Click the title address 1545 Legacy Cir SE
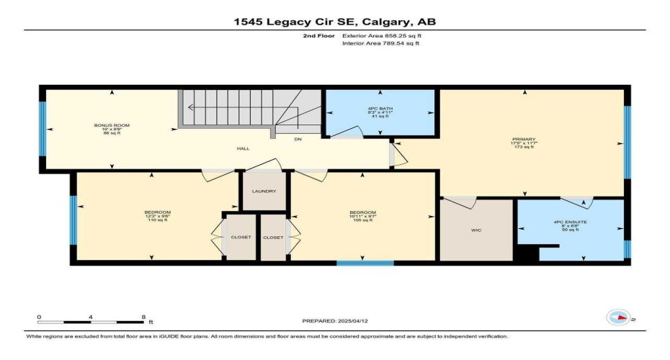(x=334, y=22)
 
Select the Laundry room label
(x=264, y=191)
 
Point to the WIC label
(x=476, y=231)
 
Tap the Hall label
(x=244, y=148)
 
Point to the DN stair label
(x=297, y=138)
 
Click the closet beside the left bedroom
(x=241, y=237)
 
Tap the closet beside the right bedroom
(x=273, y=237)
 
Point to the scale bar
(x=91, y=321)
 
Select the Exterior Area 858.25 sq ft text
(x=380, y=35)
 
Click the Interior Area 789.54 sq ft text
(x=380, y=43)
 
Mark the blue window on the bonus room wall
(x=42, y=127)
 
